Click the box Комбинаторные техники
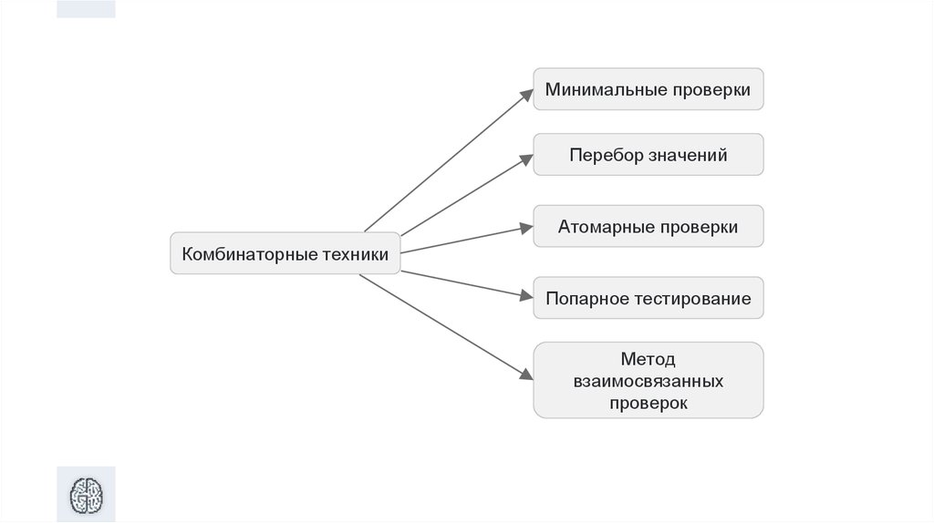pyautogui.click(x=285, y=253)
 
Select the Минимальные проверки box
pyautogui.click(x=648, y=89)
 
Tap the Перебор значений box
pyautogui.click(x=648, y=155)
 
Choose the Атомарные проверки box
pyautogui.click(x=648, y=227)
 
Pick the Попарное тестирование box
pyautogui.click(x=648, y=299)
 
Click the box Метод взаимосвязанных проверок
pyautogui.click(x=648, y=380)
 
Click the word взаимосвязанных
pyautogui.click(x=649, y=380)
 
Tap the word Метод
pyautogui.click(x=649, y=358)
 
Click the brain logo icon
pyautogui.click(x=87, y=496)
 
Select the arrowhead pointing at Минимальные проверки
pyautogui.click(x=526, y=93)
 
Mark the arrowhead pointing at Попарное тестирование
pyautogui.click(x=525, y=295)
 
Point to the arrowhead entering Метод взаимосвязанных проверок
pyautogui.click(x=525, y=374)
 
